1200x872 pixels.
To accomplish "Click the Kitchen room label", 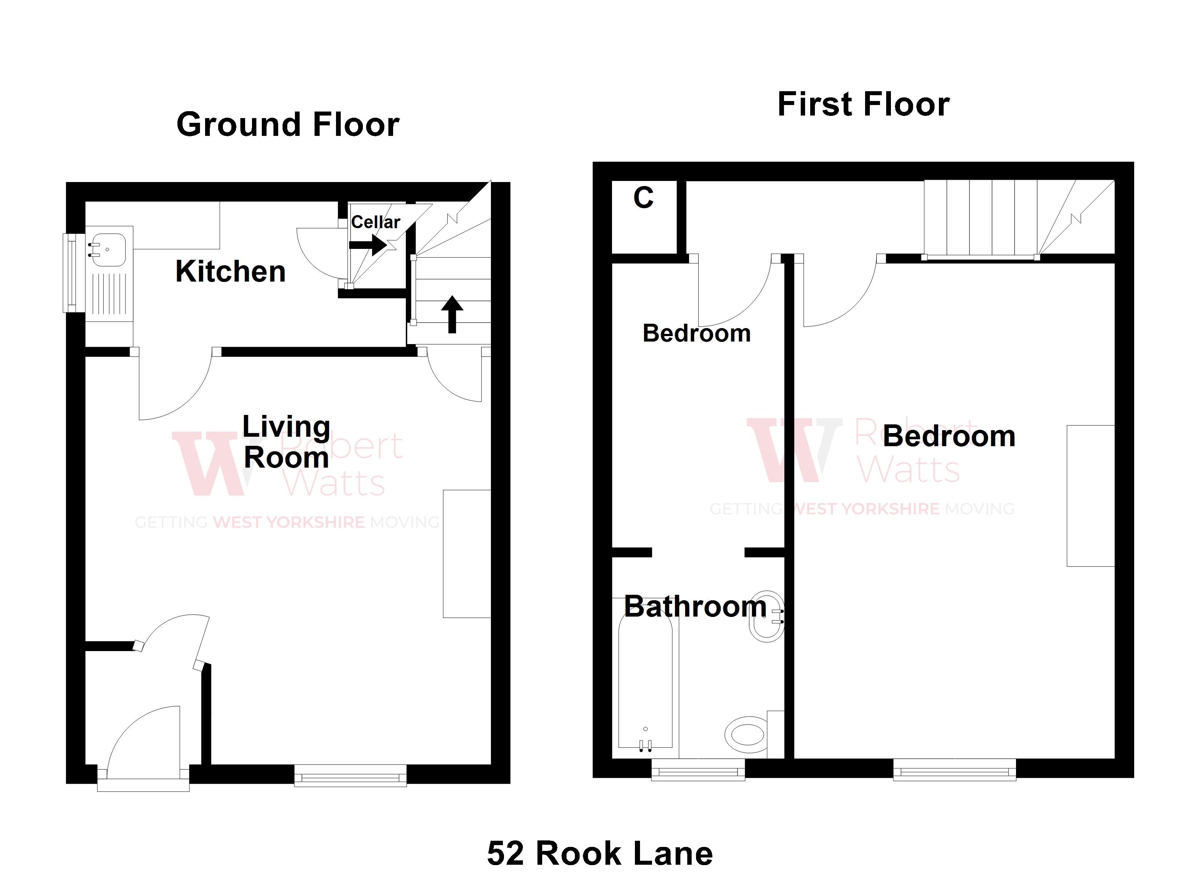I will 230,272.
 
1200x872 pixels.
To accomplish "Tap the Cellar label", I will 375,222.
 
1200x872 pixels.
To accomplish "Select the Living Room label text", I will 286,442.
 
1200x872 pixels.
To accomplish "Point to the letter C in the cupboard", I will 643,198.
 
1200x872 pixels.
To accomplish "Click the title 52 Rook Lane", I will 600,853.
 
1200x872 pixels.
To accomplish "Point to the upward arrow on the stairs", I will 452,314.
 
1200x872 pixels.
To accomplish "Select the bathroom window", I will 698,771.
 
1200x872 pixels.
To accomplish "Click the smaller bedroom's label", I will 696,334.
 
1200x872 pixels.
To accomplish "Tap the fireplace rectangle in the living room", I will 467,554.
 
